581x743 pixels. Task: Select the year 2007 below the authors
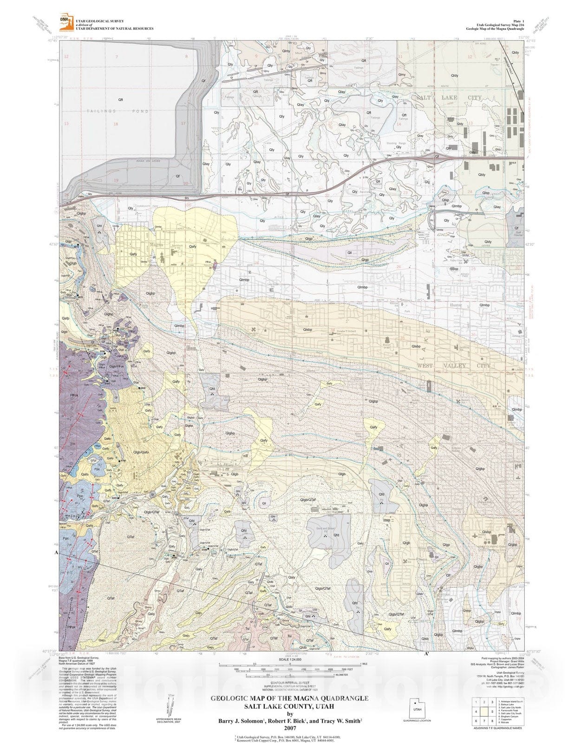click(290, 728)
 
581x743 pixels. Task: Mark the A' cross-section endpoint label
click(426, 653)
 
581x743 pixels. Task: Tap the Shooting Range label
click(396, 143)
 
